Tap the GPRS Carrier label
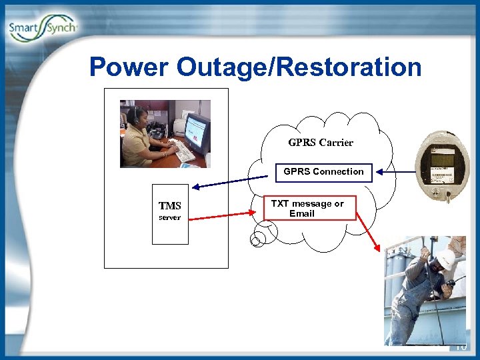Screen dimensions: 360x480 click(321, 142)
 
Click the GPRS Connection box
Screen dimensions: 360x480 click(323, 171)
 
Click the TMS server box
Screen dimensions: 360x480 click(170, 213)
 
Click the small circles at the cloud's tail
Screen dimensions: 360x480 click(259, 236)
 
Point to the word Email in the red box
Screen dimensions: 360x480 click(301, 214)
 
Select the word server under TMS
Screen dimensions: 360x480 click(169, 218)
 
